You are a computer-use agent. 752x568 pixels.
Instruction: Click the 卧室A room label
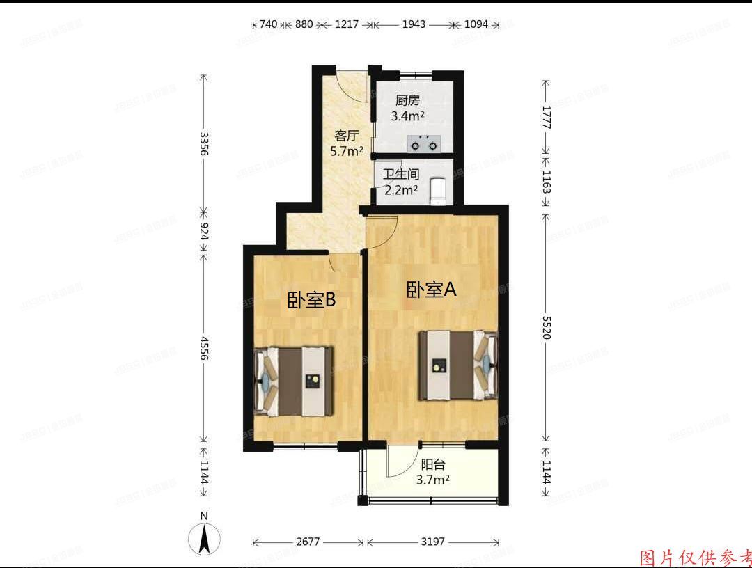(x=432, y=290)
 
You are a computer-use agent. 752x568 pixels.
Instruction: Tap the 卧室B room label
(x=312, y=300)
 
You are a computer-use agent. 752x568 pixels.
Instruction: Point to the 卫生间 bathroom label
(x=400, y=174)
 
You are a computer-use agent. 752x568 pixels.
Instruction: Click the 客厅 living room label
(x=346, y=135)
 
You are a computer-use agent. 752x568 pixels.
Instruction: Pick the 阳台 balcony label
(x=432, y=464)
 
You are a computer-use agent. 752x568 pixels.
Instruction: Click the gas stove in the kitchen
(x=424, y=144)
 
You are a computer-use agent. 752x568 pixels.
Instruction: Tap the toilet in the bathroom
(x=437, y=191)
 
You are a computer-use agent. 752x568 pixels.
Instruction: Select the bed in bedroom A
(x=457, y=365)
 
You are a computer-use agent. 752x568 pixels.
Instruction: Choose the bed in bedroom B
(x=294, y=380)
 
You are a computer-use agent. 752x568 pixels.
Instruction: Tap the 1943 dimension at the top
(x=413, y=24)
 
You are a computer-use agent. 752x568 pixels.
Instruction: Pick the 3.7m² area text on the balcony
(x=432, y=480)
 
